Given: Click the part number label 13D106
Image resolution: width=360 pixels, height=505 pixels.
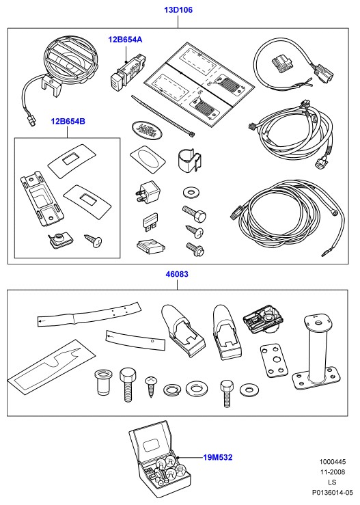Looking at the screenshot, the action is [178, 10].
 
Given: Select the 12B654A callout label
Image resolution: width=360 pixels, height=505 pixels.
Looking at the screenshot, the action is [125, 40].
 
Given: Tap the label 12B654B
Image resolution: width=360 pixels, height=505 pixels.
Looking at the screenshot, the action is [68, 122].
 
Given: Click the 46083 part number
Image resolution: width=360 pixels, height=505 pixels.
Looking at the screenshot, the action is [177, 275].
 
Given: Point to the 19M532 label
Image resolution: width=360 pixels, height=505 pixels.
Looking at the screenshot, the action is [218, 457].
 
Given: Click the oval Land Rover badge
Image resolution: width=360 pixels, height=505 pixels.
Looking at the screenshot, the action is [146, 129].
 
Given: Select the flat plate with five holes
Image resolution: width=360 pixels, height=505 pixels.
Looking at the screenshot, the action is [273, 361].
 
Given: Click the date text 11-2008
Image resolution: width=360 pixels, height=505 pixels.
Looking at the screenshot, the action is [332, 472].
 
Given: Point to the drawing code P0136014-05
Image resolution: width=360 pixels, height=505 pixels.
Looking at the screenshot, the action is [332, 493].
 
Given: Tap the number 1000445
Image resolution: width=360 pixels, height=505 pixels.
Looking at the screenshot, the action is [332, 462].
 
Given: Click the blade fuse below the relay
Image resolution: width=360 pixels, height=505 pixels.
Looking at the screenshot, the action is [150, 222].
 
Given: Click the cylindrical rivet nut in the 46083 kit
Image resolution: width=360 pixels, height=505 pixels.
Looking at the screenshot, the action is [103, 382].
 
